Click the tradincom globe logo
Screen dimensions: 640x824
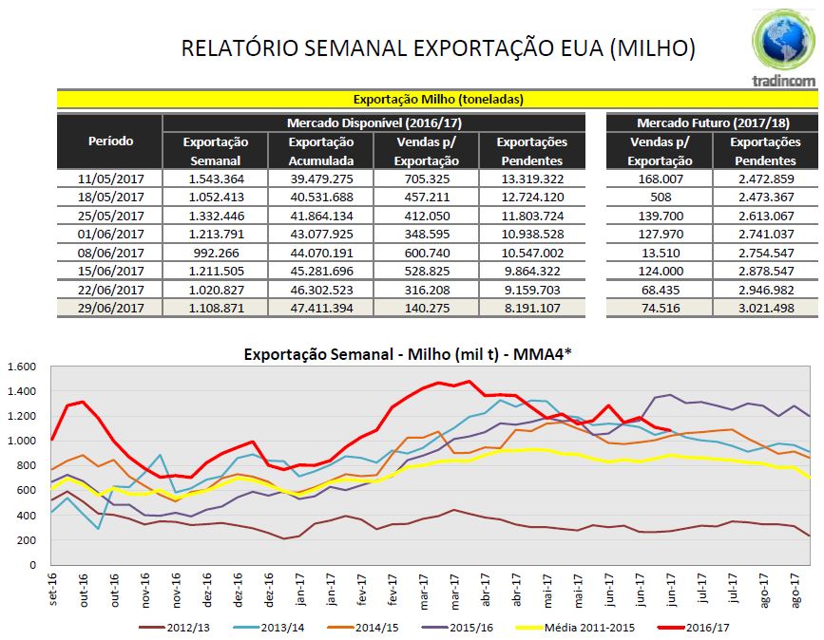click(783, 42)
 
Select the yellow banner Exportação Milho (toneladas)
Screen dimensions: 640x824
click(437, 99)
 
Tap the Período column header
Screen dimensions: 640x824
click(110, 141)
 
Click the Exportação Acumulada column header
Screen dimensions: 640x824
click(321, 151)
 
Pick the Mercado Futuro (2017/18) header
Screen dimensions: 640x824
click(712, 123)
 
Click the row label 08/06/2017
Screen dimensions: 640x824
click(110, 252)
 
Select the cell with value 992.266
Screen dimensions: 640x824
click(216, 252)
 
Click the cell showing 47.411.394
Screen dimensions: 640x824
click(321, 308)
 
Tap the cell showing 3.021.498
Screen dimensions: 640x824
click(765, 308)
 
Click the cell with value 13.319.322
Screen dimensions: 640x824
click(531, 179)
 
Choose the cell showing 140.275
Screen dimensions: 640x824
click(426, 308)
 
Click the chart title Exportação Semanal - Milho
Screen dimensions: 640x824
click(399, 354)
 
